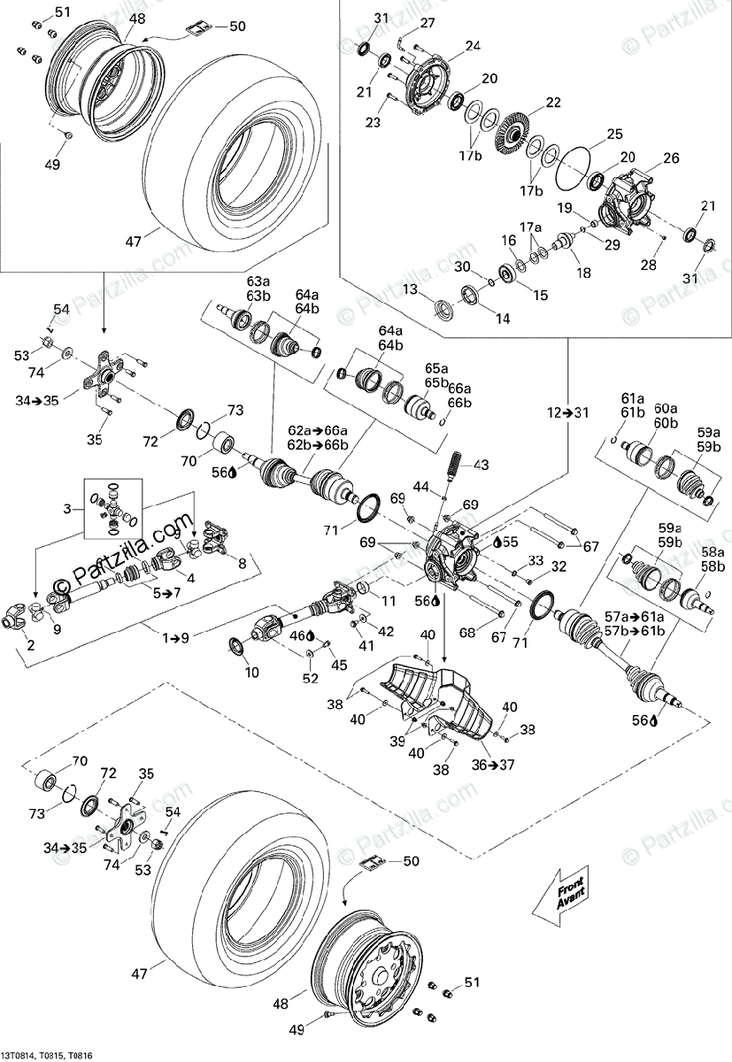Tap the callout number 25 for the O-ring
pos(614,135)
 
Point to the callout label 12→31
pos(567,412)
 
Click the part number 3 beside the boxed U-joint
pos(67,509)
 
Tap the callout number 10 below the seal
pos(251,673)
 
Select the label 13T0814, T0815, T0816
pos(46,1055)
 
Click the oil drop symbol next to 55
pos(497,542)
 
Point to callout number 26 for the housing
pos(671,158)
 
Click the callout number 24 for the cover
pos(472,45)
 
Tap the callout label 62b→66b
pos(318,445)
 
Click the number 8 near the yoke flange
pos(243,564)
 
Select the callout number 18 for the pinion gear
pos(584,273)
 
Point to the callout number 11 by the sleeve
pos(389,601)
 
